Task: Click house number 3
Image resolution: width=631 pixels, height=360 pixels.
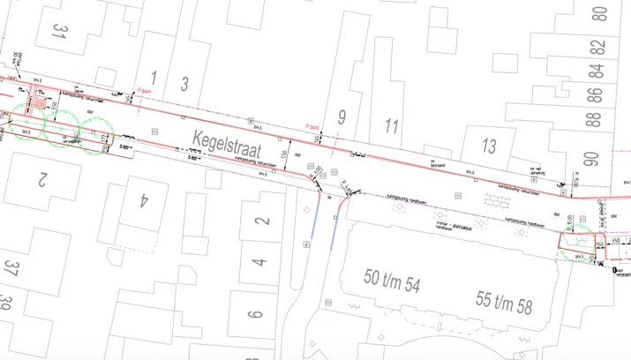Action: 184,84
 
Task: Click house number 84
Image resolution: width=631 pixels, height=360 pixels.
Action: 597,69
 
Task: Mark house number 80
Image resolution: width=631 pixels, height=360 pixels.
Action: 600,14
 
